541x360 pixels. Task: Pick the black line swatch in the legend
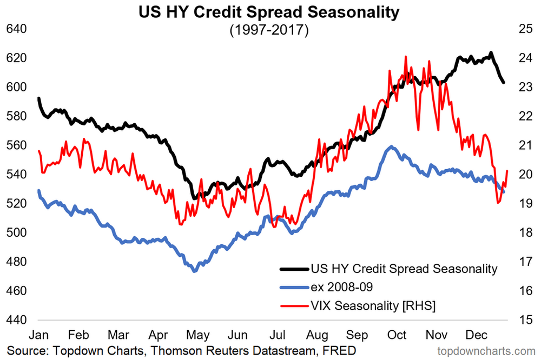tap(294, 269)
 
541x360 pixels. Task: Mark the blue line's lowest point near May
tap(194, 270)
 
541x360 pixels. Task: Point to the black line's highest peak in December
tap(491, 53)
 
